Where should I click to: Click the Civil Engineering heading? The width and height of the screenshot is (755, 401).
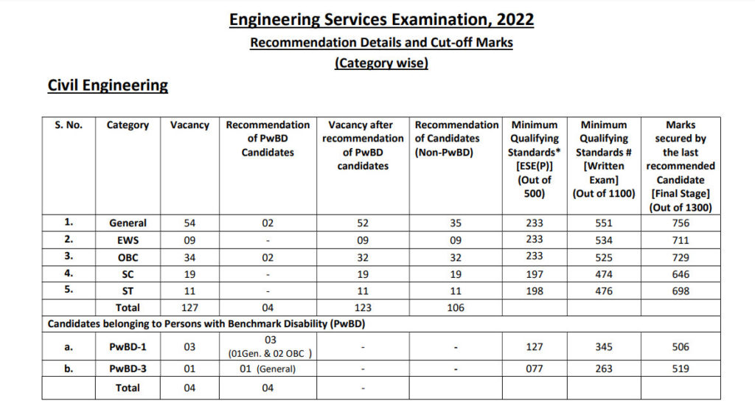tap(108, 86)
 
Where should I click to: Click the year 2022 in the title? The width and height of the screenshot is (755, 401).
tap(508, 19)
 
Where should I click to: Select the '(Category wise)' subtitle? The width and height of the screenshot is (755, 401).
tap(381, 63)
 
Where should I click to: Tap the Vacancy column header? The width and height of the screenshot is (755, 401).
tap(189, 125)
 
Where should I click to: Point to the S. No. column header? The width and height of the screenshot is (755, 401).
tap(69, 125)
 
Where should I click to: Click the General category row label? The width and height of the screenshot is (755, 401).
tap(128, 223)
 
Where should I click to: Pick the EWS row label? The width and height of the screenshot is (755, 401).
tap(128, 240)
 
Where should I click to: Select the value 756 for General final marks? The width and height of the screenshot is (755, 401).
tap(680, 223)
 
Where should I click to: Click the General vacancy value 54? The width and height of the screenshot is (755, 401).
tap(189, 223)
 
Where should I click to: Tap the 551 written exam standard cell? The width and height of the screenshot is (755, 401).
tap(604, 223)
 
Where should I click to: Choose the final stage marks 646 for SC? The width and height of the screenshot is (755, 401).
tap(680, 273)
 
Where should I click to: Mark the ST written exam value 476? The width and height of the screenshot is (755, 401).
tap(604, 290)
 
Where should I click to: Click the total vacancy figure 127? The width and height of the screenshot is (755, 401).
tap(189, 307)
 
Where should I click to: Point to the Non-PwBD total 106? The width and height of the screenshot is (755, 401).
tap(456, 307)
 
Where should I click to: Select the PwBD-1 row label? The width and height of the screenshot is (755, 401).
tap(128, 346)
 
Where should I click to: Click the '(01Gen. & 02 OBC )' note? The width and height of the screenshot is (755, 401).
tap(268, 352)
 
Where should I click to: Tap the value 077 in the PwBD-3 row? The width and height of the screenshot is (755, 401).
tap(534, 369)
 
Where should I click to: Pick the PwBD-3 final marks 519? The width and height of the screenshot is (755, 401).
tap(680, 369)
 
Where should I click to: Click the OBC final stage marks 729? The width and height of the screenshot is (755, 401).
tap(680, 257)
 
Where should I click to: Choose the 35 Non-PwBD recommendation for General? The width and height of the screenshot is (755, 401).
tap(456, 223)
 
